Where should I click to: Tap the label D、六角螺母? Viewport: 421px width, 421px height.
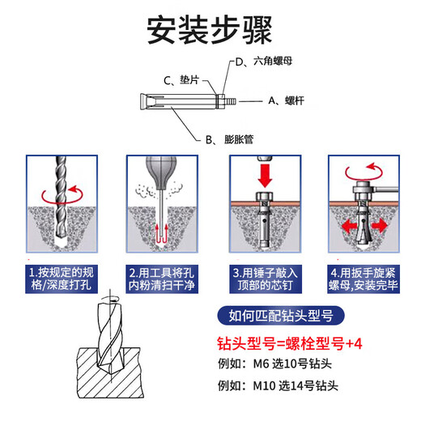[262, 62]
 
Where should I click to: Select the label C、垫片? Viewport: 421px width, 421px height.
[182, 80]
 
